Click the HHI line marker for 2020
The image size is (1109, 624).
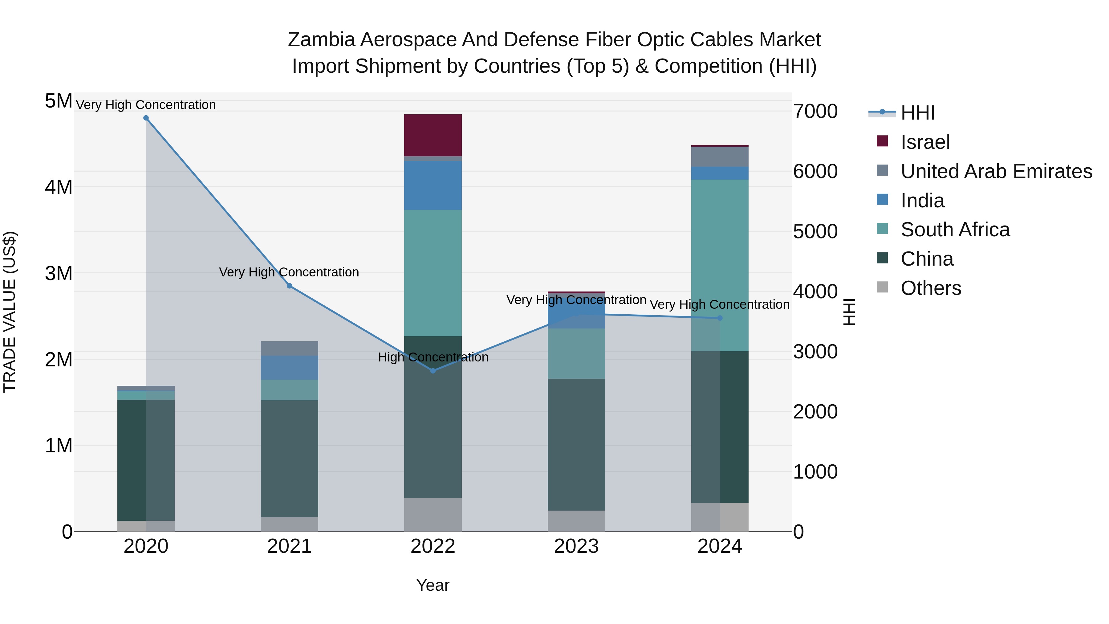click(146, 118)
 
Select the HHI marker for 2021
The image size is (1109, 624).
click(289, 286)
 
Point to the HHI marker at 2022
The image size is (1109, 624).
click(433, 371)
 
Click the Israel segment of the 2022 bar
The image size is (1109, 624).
click(433, 135)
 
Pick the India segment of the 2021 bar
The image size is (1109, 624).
click(289, 367)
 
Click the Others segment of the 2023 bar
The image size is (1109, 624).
click(576, 521)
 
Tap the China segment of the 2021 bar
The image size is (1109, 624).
click(289, 459)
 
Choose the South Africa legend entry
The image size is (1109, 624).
click(955, 230)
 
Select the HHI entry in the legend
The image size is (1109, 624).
click(917, 113)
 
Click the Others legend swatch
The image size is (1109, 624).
click(882, 287)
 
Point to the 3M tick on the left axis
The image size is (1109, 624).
click(59, 273)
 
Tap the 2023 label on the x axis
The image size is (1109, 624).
click(576, 546)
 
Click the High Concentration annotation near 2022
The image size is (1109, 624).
click(433, 357)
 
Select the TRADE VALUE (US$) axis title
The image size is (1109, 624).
click(10, 312)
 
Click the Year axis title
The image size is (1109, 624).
click(433, 585)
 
